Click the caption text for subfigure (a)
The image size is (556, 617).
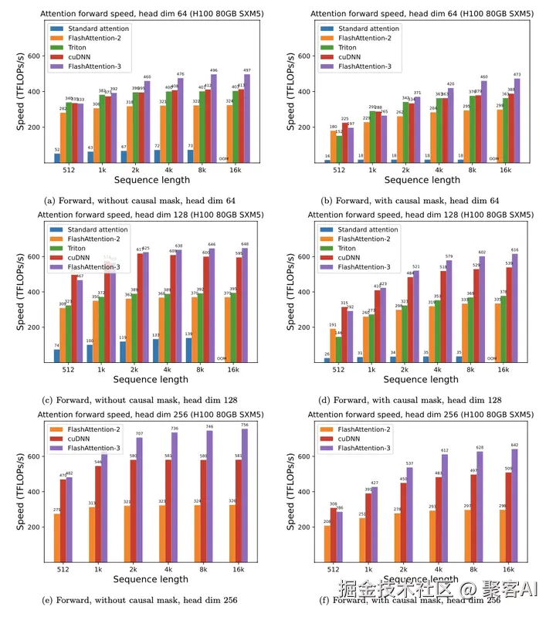[140, 200]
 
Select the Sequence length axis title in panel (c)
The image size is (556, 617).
[151, 379]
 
